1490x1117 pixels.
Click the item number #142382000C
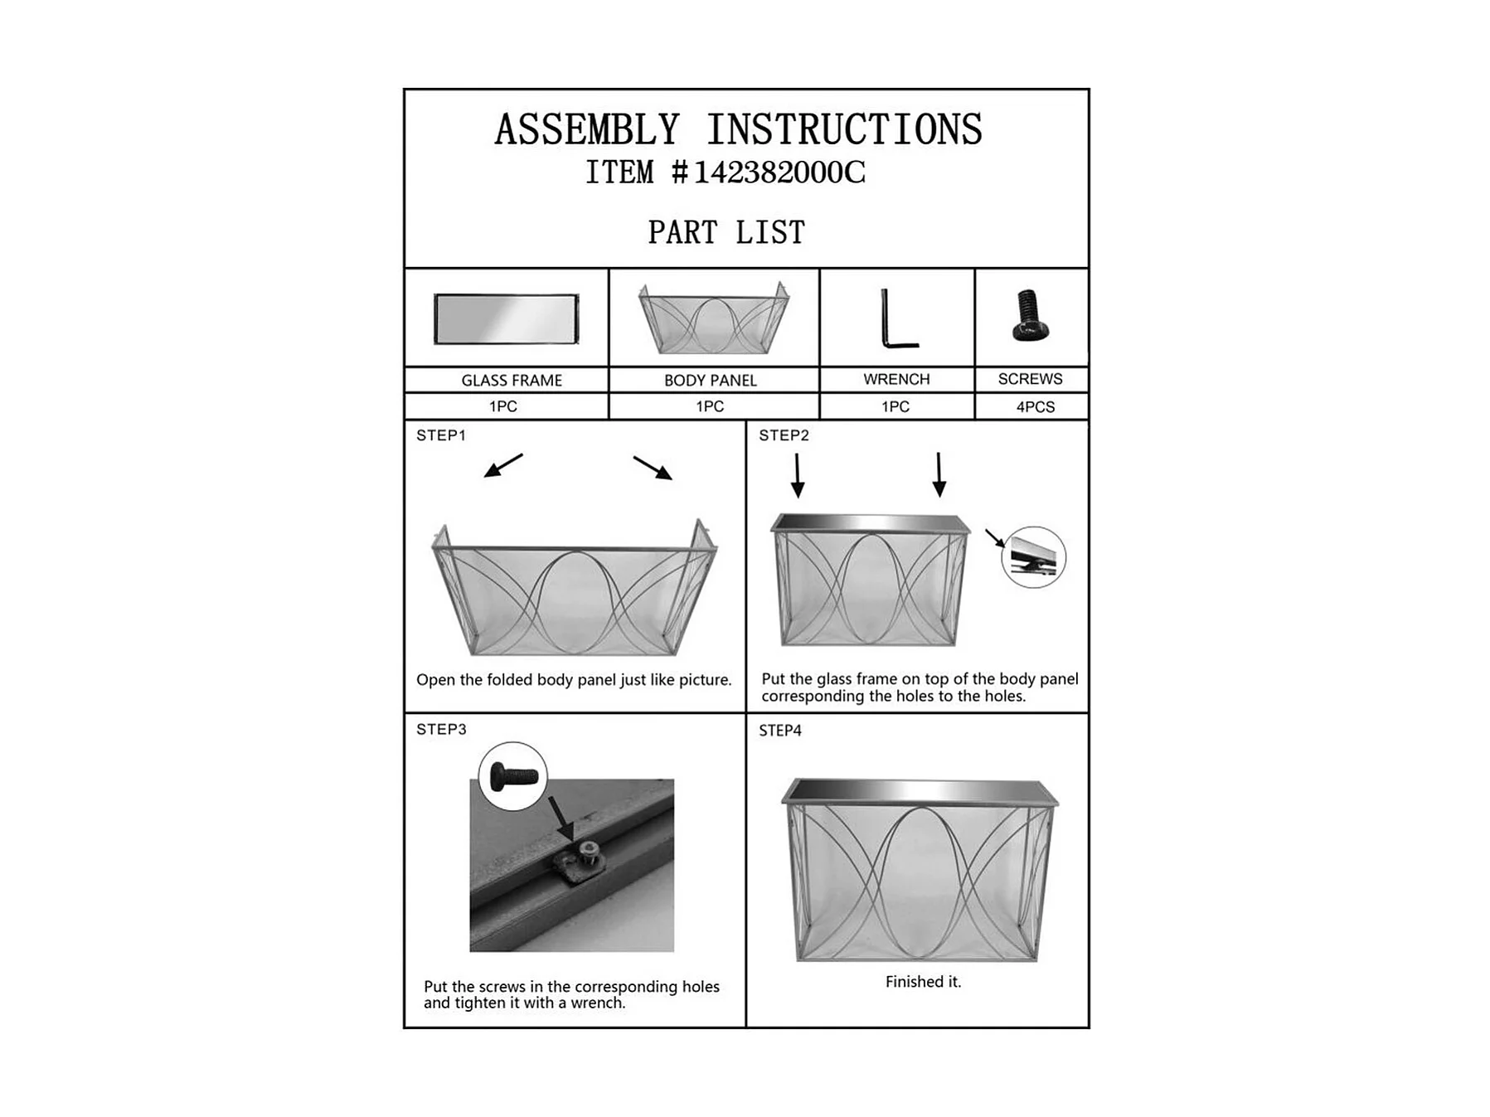click(768, 172)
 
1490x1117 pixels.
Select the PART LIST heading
click(726, 232)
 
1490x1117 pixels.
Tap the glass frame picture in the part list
click(507, 318)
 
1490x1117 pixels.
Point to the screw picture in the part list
click(1031, 315)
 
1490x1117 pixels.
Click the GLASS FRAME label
click(512, 381)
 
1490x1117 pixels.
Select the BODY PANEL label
click(711, 381)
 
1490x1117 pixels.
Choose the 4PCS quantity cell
click(1036, 407)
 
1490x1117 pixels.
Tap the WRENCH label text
click(896, 379)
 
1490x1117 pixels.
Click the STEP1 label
click(441, 435)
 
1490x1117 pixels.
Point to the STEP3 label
click(441, 730)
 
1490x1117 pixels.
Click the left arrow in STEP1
click(503, 465)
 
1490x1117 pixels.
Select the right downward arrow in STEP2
click(939, 474)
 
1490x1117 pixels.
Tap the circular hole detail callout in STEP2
click(1033, 557)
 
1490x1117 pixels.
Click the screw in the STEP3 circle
click(514, 776)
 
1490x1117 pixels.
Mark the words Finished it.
click(923, 982)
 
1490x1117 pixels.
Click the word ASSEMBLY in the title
click(587, 130)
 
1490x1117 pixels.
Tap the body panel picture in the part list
click(713, 318)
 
